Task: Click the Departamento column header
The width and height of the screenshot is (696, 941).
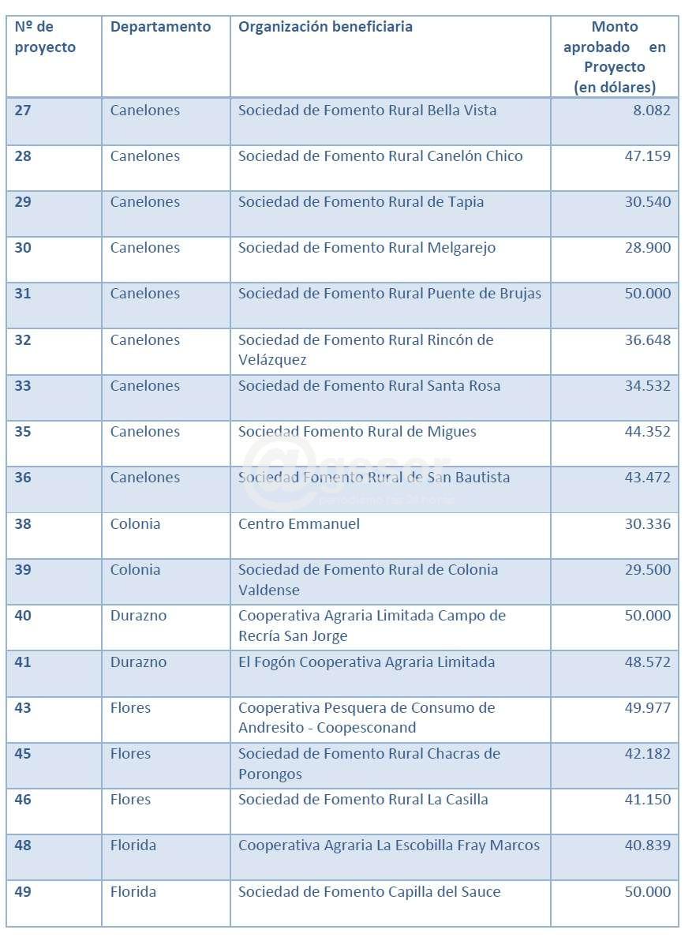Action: (160, 27)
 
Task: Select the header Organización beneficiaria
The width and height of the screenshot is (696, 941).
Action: (325, 27)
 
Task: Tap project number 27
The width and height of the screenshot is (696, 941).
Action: (23, 111)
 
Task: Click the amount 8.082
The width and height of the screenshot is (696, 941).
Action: (651, 111)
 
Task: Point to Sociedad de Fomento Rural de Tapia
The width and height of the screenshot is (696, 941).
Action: (361, 202)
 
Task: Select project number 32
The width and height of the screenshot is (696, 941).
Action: (23, 340)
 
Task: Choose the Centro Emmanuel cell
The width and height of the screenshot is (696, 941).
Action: (299, 524)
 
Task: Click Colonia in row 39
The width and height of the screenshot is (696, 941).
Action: (135, 570)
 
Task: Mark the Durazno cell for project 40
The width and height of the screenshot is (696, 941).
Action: (138, 616)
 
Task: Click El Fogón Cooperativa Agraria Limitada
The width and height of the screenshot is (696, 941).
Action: (366, 662)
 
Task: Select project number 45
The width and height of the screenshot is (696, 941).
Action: (23, 754)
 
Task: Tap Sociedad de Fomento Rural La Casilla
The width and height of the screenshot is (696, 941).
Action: (363, 800)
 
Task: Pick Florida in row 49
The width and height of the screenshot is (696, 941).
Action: (133, 892)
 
